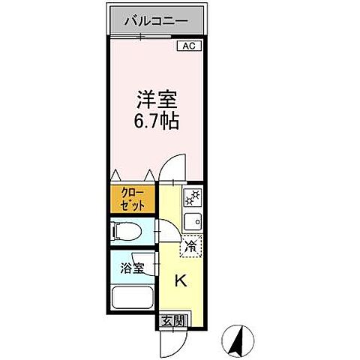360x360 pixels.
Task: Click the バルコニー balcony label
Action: coord(156,19)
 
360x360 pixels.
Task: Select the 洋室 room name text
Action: coord(156,100)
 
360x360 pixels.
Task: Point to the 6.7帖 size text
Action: coord(156,121)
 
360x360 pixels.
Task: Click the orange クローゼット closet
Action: coord(132,199)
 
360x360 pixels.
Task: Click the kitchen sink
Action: coord(191,221)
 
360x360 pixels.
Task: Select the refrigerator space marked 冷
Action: coord(191,244)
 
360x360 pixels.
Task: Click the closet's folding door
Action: coord(132,178)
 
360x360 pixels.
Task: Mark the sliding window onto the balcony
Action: coord(156,35)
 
